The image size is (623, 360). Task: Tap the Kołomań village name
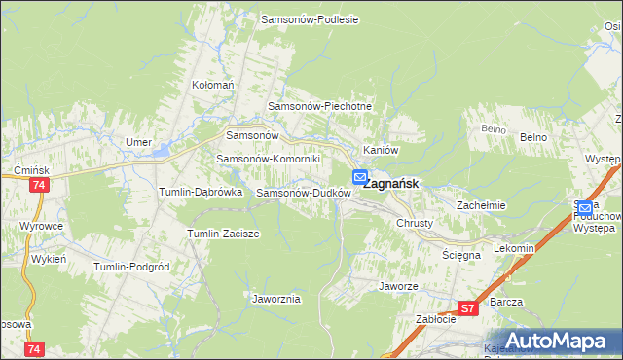coord(213,86)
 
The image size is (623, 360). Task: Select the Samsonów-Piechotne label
coord(319,107)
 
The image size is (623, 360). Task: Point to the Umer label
coord(138,142)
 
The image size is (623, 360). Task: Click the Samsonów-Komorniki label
coord(268,159)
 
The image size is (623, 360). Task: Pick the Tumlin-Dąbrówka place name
coord(201,193)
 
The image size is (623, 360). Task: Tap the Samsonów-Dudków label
coord(303,193)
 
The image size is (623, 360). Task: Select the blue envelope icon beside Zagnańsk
coord(359,178)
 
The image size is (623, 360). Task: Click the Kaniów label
coord(381,151)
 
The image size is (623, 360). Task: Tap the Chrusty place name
coord(414,223)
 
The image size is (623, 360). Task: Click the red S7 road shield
coord(467,308)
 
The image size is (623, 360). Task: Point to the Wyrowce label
coord(40,226)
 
